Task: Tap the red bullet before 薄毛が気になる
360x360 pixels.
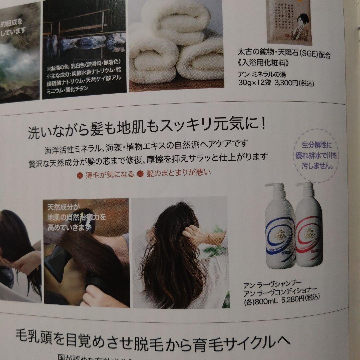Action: click(x=80, y=174)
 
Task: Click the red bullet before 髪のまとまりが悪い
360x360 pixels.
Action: click(x=140, y=173)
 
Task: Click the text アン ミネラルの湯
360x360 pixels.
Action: click(x=263, y=74)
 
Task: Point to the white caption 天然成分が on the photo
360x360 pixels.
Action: click(x=62, y=207)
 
